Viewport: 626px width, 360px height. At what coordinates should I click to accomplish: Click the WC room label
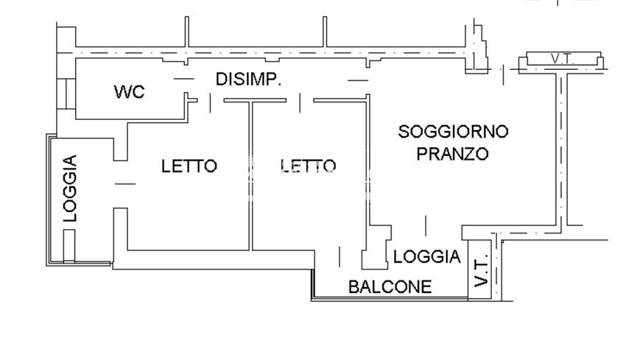[x=129, y=92]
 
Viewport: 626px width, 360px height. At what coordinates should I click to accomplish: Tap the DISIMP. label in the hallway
[x=249, y=79]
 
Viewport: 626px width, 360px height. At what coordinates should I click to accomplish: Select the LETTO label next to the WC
[x=189, y=166]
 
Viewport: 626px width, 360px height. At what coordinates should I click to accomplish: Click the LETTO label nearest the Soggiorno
[x=309, y=166]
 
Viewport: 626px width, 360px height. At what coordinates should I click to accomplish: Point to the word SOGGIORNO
[x=453, y=132]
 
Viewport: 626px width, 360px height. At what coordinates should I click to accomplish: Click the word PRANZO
[x=453, y=154]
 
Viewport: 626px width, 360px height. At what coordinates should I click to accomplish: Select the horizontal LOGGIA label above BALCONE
[x=426, y=257]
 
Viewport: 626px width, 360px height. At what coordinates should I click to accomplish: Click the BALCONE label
[x=390, y=286]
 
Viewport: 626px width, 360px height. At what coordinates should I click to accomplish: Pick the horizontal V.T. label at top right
[x=563, y=58]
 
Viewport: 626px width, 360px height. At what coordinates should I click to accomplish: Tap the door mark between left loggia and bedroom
[x=125, y=183]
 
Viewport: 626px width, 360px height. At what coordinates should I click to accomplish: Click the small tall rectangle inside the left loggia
[x=68, y=246]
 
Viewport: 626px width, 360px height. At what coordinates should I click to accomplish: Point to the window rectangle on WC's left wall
[x=68, y=92]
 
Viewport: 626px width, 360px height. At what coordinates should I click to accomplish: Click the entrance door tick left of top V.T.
[x=502, y=74]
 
